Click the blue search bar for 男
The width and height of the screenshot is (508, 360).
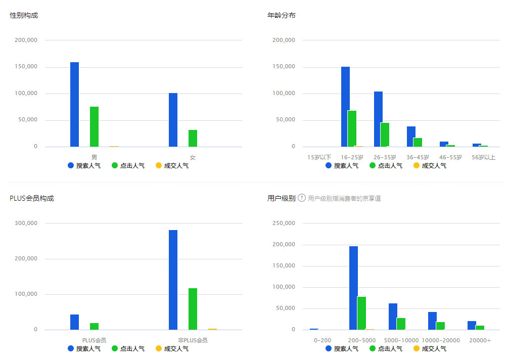click(74, 104)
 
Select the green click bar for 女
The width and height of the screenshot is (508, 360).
click(193, 138)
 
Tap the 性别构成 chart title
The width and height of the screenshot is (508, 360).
click(24, 15)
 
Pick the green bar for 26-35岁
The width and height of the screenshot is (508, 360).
click(385, 134)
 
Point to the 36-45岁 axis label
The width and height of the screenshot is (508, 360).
click(418, 157)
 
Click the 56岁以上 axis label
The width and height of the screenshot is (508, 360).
click(483, 157)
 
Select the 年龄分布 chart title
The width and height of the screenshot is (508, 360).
click(281, 15)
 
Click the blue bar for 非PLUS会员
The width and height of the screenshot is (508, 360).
click(173, 280)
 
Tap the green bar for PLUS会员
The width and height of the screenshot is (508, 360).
click(94, 326)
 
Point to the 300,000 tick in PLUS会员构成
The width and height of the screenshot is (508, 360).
click(27, 223)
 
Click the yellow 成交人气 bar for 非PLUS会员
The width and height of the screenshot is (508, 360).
click(212, 329)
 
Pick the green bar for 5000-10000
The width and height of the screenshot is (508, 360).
click(401, 324)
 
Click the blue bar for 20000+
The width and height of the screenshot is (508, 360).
click(472, 325)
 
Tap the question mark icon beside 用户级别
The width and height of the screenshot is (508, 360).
click(302, 198)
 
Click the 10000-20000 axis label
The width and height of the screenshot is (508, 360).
click(441, 340)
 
